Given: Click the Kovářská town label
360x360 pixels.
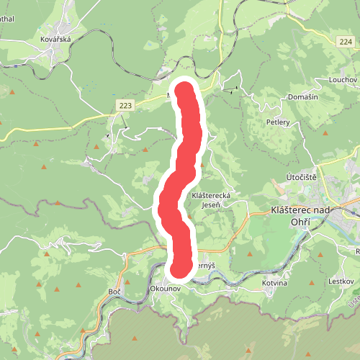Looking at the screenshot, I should pyautogui.click(x=55, y=40).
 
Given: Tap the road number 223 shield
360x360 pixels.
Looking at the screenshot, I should pyautogui.click(x=125, y=106).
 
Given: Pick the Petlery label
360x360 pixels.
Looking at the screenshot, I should pyautogui.click(x=277, y=122).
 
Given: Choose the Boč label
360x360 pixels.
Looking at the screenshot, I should pyautogui.click(x=114, y=290).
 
